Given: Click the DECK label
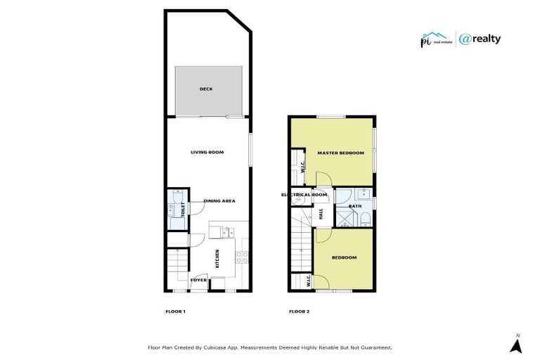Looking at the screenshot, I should pos(206,89).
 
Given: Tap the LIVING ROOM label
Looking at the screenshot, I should pos(207,152).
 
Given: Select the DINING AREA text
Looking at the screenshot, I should pos(219,201).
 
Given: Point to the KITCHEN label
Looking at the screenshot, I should pos(217,259).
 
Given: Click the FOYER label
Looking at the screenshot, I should pos(198,280).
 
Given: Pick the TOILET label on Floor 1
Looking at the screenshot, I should pos(184,208).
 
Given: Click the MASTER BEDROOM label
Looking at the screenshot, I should pos(341,153).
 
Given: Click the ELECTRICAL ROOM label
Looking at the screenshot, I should pos(304,195).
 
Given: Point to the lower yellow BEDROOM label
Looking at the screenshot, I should pos(345,257).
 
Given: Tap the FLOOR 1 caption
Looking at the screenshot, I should pos(174,311).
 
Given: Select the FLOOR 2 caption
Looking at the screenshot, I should pos(300,311).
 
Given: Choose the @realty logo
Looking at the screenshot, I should pos(480,39).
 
